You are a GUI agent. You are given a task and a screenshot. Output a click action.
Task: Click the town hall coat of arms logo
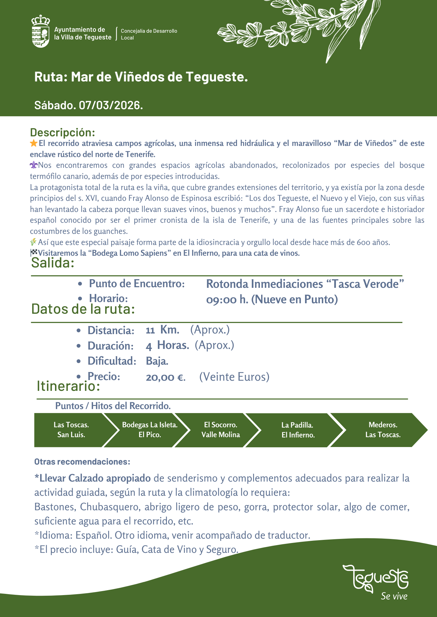coord(41,31)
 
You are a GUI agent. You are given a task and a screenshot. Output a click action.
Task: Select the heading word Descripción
coord(62,132)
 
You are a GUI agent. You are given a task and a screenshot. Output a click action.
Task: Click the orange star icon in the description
coord(34,143)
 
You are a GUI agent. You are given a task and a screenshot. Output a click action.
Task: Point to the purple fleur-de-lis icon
coord(34,165)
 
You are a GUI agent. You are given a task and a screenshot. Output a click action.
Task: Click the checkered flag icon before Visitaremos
coord(34,253)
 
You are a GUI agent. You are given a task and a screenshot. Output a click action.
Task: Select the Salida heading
coord(53,263)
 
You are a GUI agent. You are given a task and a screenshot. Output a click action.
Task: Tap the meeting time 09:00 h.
coord(227,300)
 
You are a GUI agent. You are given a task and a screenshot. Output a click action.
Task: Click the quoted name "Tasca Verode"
coord(365,284)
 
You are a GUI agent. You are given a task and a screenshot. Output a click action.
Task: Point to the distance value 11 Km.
coord(163,330)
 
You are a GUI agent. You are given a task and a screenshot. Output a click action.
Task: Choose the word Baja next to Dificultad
coord(157,361)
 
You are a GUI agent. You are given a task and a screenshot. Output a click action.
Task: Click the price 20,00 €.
coord(166,377)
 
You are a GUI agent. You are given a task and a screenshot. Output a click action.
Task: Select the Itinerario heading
coord(68,386)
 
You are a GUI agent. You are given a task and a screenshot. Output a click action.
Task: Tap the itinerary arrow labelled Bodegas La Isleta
coord(150,430)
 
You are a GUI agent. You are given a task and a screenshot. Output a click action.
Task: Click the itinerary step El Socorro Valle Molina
coord(221,430)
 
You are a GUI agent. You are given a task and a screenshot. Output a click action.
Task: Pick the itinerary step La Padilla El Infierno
coord(298,430)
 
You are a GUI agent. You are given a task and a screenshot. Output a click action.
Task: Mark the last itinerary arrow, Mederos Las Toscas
coord(383,430)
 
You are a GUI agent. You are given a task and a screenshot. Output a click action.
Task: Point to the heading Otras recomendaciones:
coord(82,462)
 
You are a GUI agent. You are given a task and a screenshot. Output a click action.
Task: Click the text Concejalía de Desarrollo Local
coord(149,34)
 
